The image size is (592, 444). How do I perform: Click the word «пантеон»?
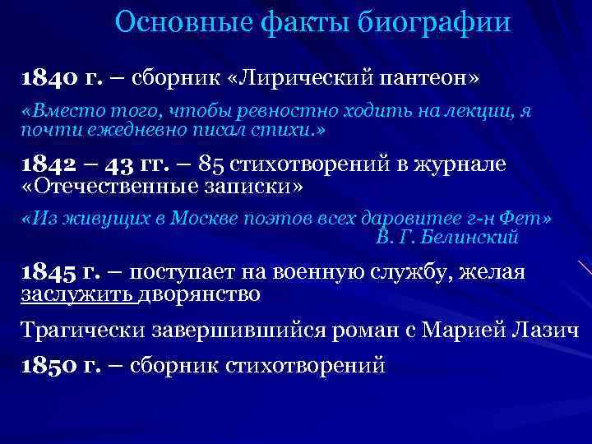[422, 80]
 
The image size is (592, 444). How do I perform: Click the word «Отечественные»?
[109, 187]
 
